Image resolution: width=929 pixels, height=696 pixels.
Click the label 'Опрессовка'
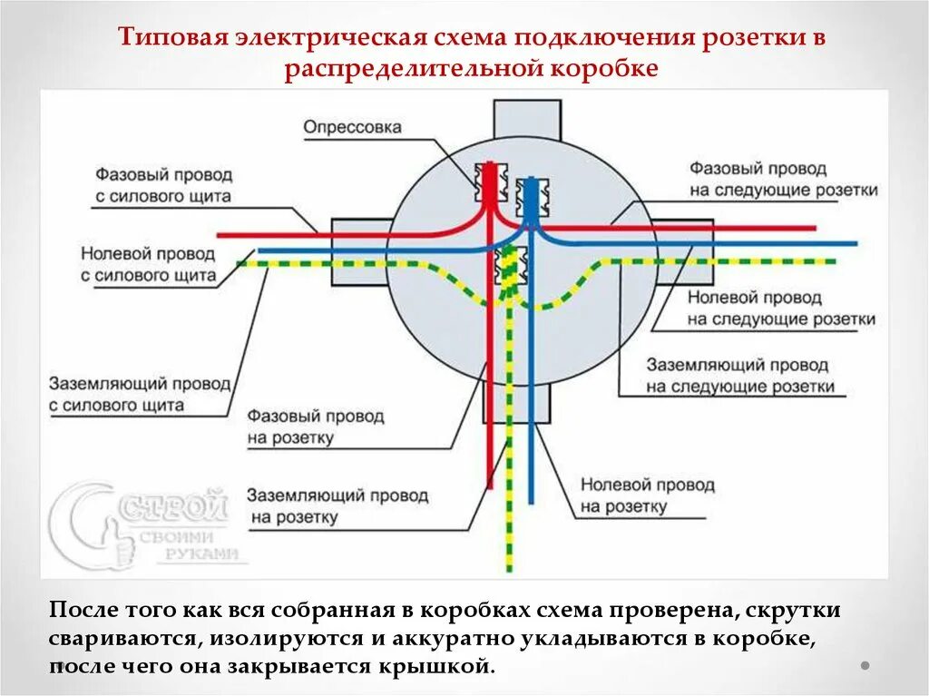[x=352, y=128]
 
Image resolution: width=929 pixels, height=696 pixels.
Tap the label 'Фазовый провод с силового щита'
[x=164, y=184]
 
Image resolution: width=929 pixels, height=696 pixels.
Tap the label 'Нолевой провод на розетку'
[x=647, y=495]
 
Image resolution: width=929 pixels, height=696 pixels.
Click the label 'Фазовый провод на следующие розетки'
[x=783, y=180]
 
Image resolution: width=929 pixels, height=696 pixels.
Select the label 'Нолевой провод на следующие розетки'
[x=780, y=309]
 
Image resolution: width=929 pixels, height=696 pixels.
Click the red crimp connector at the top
[x=491, y=182]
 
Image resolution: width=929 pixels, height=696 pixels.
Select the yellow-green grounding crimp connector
[x=509, y=269]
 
